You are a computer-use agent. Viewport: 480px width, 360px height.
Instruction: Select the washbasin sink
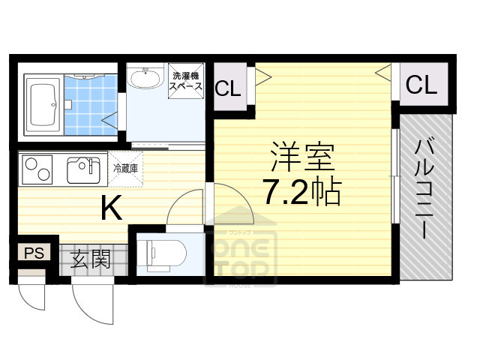pos(145,77)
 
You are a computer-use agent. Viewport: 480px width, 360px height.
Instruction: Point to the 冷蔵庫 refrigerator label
pos(124,169)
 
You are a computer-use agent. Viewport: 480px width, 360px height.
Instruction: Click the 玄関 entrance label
pos(91,260)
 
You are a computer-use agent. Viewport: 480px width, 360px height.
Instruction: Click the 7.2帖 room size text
pos(301,193)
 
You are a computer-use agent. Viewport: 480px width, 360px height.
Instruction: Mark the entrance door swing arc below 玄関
pos(94,304)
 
